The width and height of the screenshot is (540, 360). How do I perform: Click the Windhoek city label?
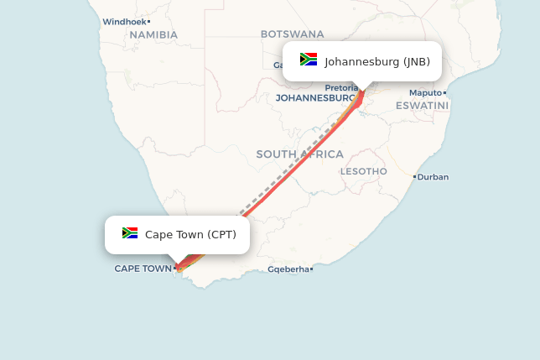tap(124, 21)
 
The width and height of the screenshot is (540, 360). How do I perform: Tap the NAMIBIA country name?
tap(153, 34)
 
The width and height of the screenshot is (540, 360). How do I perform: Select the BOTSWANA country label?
tap(292, 34)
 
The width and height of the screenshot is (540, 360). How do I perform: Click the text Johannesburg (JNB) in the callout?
tap(377, 61)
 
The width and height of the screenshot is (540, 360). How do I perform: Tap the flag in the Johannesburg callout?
tap(309, 60)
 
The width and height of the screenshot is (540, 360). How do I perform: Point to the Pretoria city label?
tap(341, 87)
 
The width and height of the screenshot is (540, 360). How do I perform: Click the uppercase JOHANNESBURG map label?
tap(315, 97)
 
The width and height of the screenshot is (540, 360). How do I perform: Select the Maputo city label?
tap(425, 92)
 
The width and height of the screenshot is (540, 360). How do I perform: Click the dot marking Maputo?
tap(445, 92)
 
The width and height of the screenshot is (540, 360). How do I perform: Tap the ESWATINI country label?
tap(422, 105)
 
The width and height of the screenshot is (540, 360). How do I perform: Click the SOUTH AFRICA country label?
tap(299, 154)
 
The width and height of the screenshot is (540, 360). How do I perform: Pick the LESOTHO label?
tap(364, 171)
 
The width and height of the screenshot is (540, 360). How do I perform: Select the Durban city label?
tap(433, 177)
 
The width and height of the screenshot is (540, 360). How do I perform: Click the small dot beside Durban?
tap(414, 177)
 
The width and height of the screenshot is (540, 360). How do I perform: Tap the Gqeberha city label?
tap(288, 269)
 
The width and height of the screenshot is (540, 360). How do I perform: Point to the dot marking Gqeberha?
tap(312, 269)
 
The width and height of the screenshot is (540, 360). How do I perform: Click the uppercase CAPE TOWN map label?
tap(143, 269)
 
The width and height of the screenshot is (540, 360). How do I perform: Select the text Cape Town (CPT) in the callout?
tap(190, 234)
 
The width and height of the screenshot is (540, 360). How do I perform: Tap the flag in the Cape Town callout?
tap(130, 233)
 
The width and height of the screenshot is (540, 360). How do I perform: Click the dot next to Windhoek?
tap(148, 21)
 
